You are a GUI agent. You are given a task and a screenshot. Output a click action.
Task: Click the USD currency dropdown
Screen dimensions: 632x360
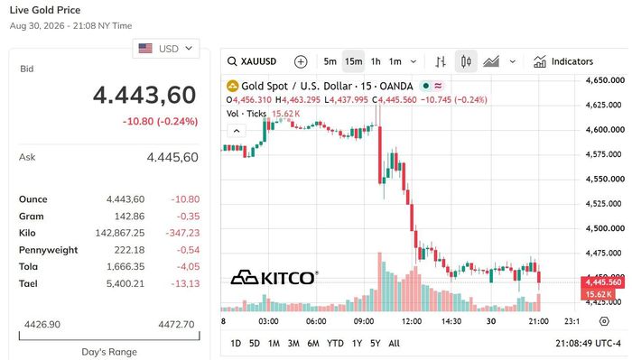pos(165,49)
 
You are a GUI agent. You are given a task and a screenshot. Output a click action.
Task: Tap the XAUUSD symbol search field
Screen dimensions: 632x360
pos(252,61)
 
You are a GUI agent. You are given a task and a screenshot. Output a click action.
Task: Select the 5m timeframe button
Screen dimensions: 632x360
pos(330,61)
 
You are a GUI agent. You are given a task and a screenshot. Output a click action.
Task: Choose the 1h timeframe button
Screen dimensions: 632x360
pos(376,61)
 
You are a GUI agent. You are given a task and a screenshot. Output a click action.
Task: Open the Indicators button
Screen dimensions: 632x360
pos(563,61)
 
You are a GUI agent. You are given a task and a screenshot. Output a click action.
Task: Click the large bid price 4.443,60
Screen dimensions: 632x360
pos(144,96)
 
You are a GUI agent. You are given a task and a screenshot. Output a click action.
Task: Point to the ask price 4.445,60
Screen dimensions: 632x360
pos(172,157)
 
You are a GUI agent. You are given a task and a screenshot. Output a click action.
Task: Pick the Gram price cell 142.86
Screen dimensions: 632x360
pos(129,217)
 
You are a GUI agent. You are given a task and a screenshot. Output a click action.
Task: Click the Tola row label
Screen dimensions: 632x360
pos(28,266)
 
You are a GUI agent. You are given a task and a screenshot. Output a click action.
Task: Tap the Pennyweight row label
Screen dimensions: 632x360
pos(49,250)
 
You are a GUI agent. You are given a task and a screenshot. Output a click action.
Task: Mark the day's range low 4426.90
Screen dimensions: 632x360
pos(42,324)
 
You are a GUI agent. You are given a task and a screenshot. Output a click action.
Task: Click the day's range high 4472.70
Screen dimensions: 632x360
pos(176,324)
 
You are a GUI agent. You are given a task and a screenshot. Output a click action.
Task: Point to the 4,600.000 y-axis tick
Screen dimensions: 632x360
pos(605,130)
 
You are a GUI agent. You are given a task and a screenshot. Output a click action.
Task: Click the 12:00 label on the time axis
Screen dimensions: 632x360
pos(411,321)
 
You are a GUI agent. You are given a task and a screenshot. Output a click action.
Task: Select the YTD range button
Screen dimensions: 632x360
pos(335,344)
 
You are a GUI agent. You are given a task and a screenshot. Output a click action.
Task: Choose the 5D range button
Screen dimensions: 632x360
pos(255,344)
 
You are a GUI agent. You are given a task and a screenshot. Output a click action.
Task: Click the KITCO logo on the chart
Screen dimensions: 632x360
pos(274,278)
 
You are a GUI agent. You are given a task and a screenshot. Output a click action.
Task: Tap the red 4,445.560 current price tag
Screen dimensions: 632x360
pos(603,282)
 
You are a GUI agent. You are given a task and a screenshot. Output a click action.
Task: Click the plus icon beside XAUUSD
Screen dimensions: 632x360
pos(301,61)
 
